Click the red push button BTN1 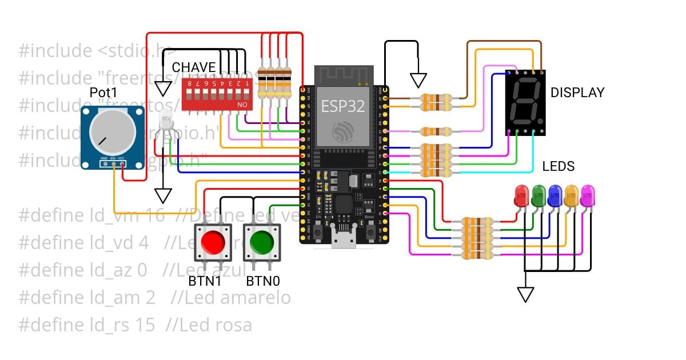pos(212,242)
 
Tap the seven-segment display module pos(525,102)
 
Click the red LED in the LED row pos(521,195)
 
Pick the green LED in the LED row pos(538,195)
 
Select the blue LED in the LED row pos(554,195)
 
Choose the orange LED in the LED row pos(571,195)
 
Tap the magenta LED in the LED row pos(587,195)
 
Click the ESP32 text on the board pos(342,106)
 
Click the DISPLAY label pos(577,93)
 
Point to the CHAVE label pos(194,67)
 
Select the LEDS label pos(558,167)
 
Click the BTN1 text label pos(205,281)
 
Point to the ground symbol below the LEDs pos(525,294)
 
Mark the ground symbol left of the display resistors pos(418,81)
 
